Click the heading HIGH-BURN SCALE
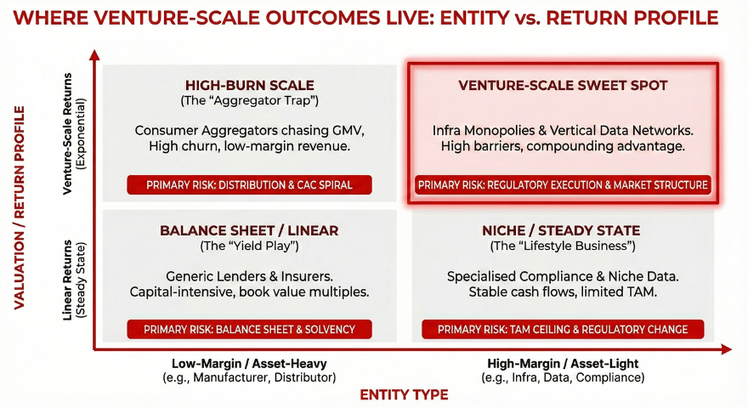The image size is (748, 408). tap(249, 85)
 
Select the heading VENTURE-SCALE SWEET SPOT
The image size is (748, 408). tap(563, 85)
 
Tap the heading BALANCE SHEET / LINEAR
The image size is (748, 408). tap(249, 230)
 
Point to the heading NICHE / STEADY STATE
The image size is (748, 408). tap(563, 230)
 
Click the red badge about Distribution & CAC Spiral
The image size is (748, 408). tap(249, 184)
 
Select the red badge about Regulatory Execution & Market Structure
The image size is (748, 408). tap(563, 184)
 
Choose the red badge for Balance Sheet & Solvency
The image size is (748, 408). tap(249, 329)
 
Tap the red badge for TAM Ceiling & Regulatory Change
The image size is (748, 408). tap(563, 329)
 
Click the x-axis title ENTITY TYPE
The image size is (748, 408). tap(404, 394)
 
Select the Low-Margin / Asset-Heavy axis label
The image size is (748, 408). tap(249, 364)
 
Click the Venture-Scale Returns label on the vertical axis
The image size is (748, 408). tap(75, 134)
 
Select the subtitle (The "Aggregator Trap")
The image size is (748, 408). tap(249, 101)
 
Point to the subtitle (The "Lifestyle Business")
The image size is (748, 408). tap(563, 246)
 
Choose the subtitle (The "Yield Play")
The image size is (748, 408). tap(249, 246)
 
